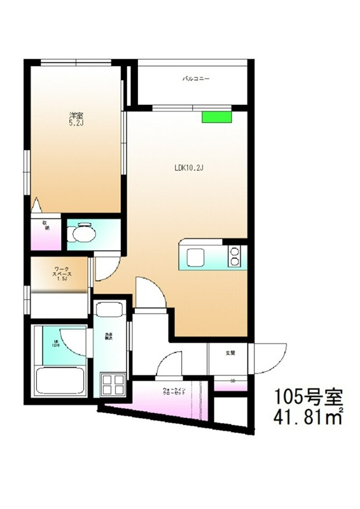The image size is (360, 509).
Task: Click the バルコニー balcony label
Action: coord(196,80)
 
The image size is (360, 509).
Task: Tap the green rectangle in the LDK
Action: coord(216,116)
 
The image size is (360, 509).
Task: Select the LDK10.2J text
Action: coord(188,169)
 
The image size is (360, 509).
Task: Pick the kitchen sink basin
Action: coord(194,257)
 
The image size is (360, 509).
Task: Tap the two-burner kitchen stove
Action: coord(235,256)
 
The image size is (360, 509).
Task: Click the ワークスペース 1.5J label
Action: coord(62,274)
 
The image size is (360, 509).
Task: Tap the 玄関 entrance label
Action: coord(230,352)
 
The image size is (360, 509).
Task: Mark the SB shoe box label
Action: coord(232,380)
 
